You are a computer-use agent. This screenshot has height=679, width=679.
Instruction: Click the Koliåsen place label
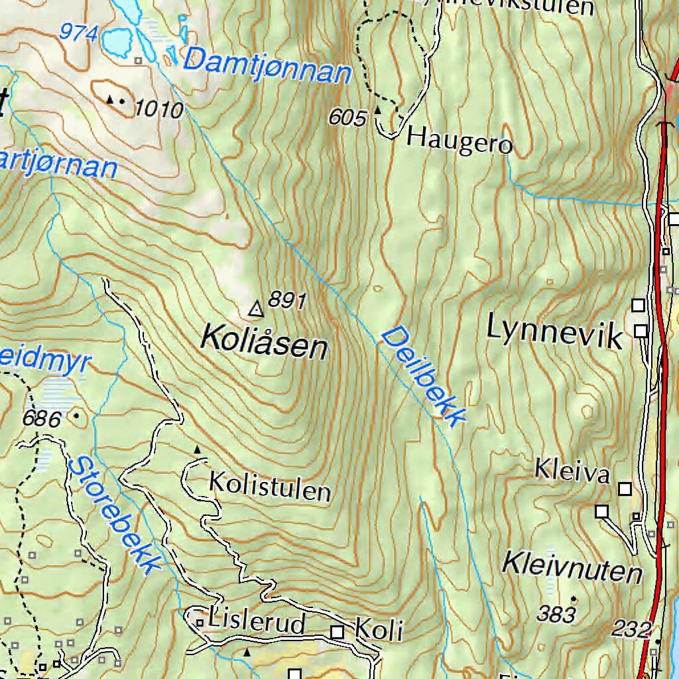(x=264, y=341)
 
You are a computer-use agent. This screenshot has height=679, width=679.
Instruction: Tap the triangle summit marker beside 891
(x=255, y=308)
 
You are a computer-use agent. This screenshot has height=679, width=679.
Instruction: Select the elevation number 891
(x=286, y=302)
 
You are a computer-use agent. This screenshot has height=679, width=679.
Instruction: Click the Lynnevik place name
(x=555, y=331)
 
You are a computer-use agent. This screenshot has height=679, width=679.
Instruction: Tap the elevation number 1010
(x=158, y=109)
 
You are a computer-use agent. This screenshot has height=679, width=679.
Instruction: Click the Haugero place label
(x=460, y=140)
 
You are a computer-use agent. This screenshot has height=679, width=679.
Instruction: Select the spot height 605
(x=347, y=118)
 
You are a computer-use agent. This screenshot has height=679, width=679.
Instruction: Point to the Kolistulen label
(x=270, y=487)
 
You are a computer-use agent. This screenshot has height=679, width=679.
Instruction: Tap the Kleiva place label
(x=572, y=472)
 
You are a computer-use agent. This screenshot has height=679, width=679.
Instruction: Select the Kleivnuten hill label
(x=572, y=568)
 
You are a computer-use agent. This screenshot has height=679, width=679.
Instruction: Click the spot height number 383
(x=556, y=615)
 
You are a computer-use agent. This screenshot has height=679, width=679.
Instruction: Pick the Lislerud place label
(x=257, y=623)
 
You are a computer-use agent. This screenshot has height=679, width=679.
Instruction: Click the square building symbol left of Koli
(x=338, y=632)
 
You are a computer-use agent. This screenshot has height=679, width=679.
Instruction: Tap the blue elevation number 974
(x=78, y=32)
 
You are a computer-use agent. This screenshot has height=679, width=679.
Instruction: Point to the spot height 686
(x=41, y=419)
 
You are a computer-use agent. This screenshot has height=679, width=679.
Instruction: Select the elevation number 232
(x=631, y=629)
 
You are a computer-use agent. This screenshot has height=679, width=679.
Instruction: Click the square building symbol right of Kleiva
(x=625, y=489)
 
